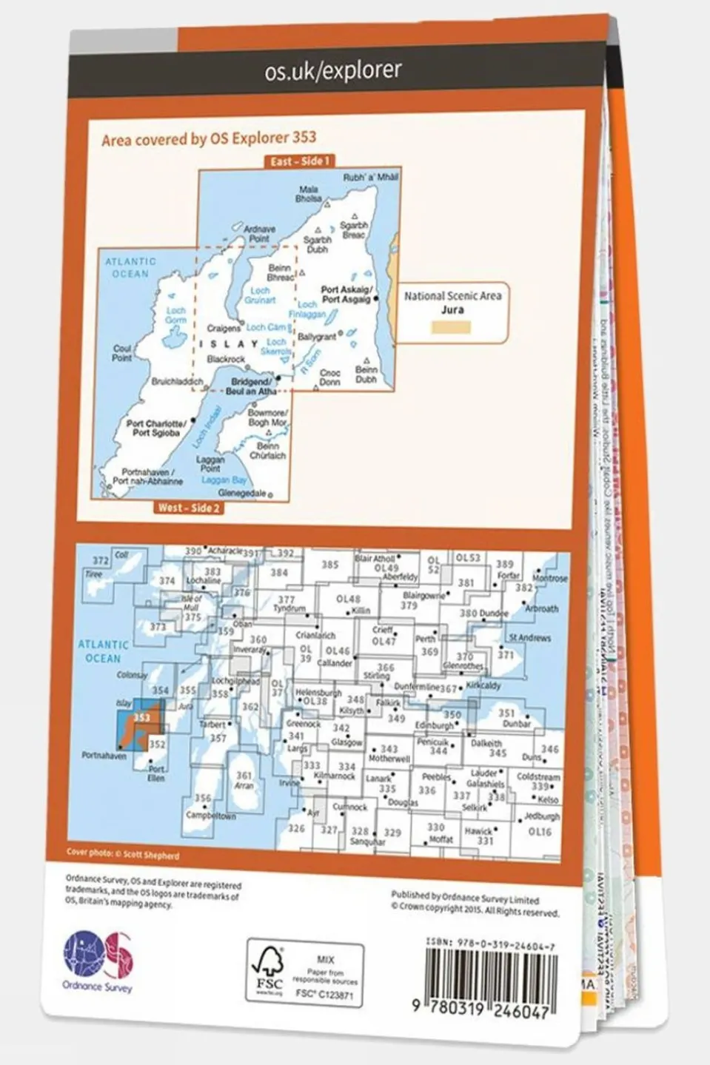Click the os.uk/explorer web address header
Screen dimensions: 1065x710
(333, 70)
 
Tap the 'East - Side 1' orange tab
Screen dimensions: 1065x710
(299, 161)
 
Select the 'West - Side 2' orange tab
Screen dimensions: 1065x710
(188, 508)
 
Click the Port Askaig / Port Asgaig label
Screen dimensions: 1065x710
(346, 295)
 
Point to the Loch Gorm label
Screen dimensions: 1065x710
(175, 315)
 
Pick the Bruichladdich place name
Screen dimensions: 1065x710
(177, 382)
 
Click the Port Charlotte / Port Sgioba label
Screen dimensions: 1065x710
(156, 429)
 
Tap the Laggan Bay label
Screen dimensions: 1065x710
(224, 480)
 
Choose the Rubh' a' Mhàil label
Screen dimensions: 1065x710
(370, 178)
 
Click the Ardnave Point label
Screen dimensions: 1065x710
(259, 234)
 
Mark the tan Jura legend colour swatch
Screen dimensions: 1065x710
(452, 326)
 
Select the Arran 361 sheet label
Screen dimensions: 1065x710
(244, 780)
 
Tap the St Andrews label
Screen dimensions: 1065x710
(529, 637)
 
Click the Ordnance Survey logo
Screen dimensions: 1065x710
(97, 961)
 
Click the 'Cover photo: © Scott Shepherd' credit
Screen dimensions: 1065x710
(123, 854)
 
